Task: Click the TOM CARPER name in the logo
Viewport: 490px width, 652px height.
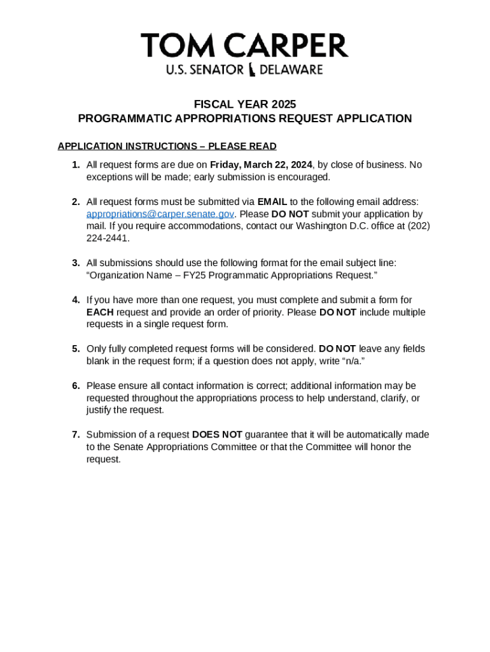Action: [x=244, y=46]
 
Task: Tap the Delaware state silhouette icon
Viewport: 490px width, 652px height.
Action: [x=252, y=70]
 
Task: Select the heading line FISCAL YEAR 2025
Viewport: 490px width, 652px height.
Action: [x=244, y=104]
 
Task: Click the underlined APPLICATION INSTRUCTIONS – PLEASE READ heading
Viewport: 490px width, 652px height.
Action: [x=167, y=146]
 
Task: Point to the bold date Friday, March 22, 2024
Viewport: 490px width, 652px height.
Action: [x=261, y=165]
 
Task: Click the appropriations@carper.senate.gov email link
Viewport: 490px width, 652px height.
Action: [x=160, y=215]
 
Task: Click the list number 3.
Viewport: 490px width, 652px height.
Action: [x=75, y=263]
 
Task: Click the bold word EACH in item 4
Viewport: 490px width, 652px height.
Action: [x=100, y=312]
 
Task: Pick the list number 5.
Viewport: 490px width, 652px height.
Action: [x=75, y=349]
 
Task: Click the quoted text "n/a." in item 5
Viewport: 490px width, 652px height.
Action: [x=353, y=361]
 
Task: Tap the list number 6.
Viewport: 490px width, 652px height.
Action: [x=75, y=386]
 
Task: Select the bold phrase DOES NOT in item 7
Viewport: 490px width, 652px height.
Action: [x=217, y=435]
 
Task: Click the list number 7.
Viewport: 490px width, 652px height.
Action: [x=75, y=435]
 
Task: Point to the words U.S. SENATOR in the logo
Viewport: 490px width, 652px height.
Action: [x=204, y=70]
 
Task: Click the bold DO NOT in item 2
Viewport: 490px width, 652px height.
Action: [x=290, y=215]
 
